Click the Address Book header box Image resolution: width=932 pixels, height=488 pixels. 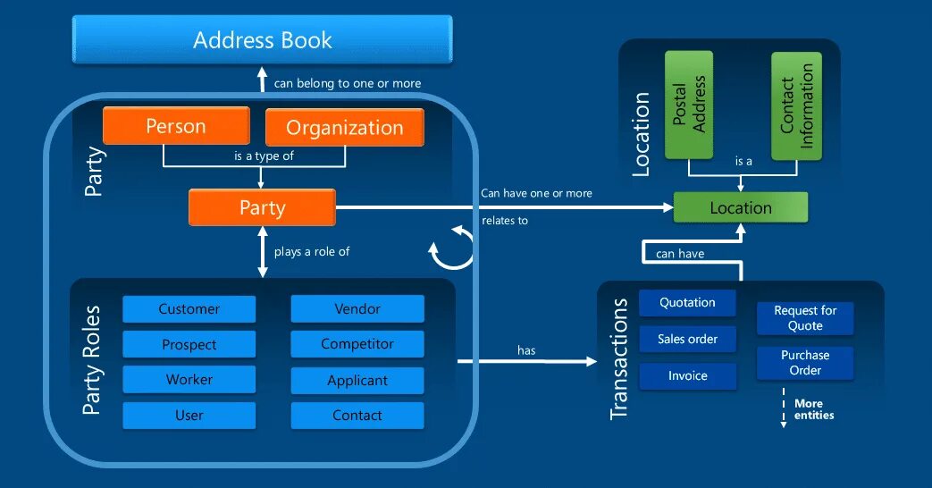[x=262, y=40]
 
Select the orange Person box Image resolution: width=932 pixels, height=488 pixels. [x=176, y=126]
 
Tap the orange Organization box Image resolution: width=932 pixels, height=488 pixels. [x=344, y=127]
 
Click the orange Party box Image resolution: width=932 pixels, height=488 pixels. [x=262, y=207]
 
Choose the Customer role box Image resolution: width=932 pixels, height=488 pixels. [x=189, y=309]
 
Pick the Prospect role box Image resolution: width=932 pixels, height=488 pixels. [x=189, y=344]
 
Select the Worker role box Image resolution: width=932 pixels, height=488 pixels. [x=189, y=380]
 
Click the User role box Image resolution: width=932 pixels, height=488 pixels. [x=189, y=416]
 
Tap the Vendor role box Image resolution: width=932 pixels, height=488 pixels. [x=357, y=309]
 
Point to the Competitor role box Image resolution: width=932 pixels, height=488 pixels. [x=357, y=344]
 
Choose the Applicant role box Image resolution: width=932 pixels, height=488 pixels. [x=357, y=380]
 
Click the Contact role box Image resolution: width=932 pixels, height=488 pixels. [x=357, y=416]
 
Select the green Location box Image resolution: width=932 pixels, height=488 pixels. [x=740, y=207]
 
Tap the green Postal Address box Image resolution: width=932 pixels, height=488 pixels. [x=689, y=105]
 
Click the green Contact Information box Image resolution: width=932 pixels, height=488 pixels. [x=796, y=105]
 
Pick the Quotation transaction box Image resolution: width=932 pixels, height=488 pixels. [x=687, y=303]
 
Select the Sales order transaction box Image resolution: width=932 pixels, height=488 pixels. [x=687, y=340]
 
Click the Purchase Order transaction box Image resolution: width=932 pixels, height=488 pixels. [x=804, y=363]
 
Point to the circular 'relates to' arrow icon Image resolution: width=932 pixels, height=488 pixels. [x=452, y=248]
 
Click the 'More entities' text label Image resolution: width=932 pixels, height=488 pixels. [x=813, y=409]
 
